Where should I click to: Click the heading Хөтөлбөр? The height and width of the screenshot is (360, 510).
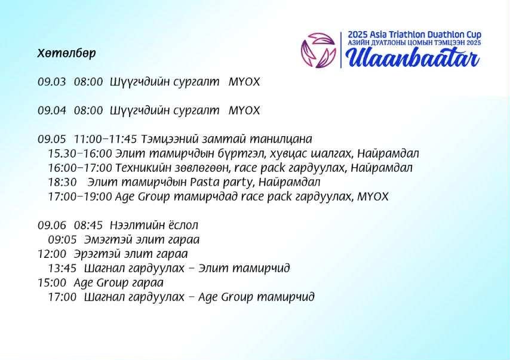(x=66, y=53)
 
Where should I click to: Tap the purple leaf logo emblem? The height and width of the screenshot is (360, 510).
(x=318, y=50)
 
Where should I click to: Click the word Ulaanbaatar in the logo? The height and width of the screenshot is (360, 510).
(x=412, y=57)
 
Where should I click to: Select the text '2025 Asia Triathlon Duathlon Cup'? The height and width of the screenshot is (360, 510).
(x=414, y=35)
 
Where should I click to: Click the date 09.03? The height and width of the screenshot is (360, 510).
(x=51, y=82)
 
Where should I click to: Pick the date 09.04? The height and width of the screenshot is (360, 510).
(x=51, y=110)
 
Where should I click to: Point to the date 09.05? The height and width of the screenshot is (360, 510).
(x=51, y=139)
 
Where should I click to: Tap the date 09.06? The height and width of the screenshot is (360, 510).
(x=51, y=225)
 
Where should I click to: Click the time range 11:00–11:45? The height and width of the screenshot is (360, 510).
(x=105, y=139)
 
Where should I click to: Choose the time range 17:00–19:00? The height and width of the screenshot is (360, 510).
(x=80, y=196)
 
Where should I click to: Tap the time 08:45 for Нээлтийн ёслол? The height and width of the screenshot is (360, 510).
(x=88, y=225)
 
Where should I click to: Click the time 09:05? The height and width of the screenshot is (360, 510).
(x=62, y=239)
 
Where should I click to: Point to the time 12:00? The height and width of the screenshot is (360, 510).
(x=52, y=254)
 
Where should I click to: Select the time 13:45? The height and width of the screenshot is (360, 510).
(x=62, y=268)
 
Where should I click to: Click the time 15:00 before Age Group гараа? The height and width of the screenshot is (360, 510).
(x=52, y=282)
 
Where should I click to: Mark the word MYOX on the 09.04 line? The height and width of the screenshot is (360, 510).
(x=244, y=110)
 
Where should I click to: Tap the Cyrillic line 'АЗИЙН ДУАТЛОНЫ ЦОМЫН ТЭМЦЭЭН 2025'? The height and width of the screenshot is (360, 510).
(x=414, y=44)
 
